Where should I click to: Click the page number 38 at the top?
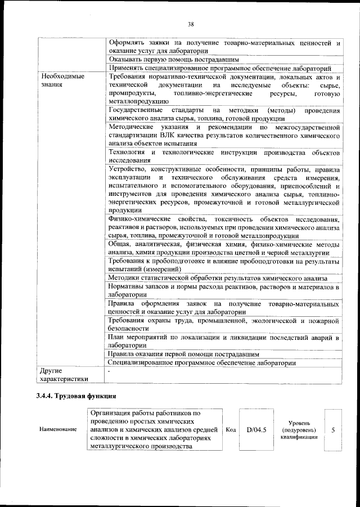(x=191, y=24)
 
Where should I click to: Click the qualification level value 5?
(x=333, y=430)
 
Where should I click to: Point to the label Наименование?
(x=58, y=430)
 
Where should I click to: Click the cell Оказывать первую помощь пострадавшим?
(x=174, y=59)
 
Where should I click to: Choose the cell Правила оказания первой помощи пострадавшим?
(x=183, y=355)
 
